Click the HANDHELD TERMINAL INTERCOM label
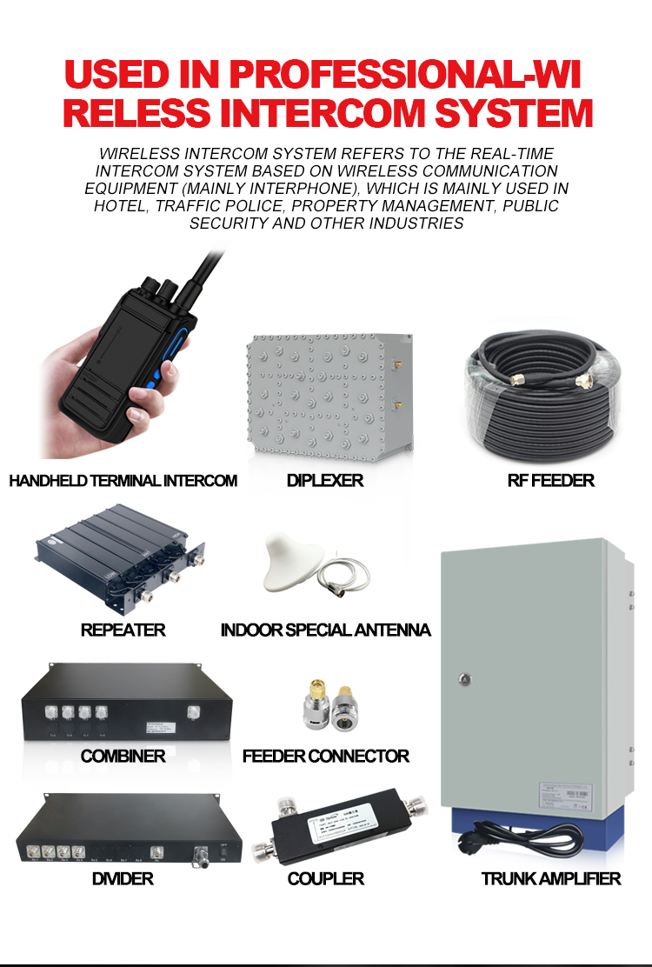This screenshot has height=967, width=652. pos(123,481)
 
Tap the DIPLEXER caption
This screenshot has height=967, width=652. pos(325,481)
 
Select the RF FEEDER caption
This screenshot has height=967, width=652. pos(550,481)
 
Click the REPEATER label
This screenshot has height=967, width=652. pos(123,630)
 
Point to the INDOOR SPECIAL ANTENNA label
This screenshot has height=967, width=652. pos(325,630)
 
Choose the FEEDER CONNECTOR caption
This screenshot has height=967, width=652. pos(325,757)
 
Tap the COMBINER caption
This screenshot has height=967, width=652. pos(123,757)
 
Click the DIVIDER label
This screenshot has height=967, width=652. pos(123,879)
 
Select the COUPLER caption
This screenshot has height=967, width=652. pos(325,879)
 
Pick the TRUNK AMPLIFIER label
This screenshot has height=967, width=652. pos(551,879)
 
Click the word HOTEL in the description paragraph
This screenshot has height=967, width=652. pos(120,206)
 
